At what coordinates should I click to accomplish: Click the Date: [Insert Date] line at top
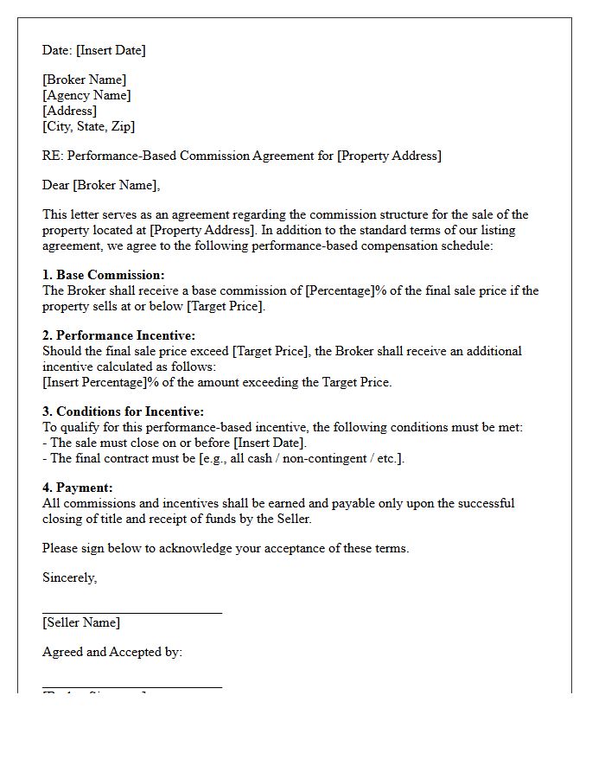pos(93,50)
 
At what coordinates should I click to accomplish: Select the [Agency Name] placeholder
pos(86,95)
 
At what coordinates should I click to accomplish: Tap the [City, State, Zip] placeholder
pos(88,126)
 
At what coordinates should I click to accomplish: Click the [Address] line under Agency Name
pos(69,111)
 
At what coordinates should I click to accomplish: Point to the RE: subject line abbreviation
pos(53,156)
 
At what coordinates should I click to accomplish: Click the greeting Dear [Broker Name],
pos(101,185)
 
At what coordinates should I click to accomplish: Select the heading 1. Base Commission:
pos(103,275)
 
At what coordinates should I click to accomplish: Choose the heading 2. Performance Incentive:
pos(118,335)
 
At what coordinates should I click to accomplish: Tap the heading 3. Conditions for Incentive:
pos(123,411)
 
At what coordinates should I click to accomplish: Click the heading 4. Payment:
pos(78,488)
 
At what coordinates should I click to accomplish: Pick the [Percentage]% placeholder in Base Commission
pos(345,290)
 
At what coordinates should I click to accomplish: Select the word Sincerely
pos(69,577)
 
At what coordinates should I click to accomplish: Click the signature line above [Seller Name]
pos(132,613)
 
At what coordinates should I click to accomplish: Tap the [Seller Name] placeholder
pos(81,622)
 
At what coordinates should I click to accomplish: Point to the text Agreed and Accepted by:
pos(112,652)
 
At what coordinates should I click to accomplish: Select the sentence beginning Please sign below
pos(226,548)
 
